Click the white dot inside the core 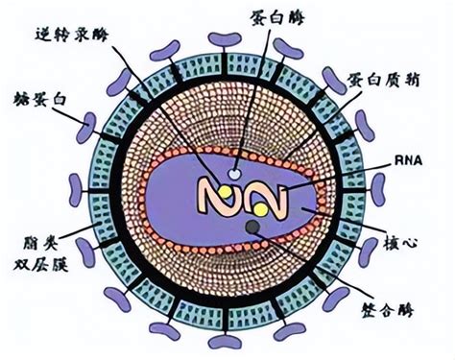click(x=235, y=175)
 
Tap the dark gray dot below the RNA click(x=252, y=227)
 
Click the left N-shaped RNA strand click(x=218, y=197)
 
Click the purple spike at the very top click(x=227, y=39)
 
